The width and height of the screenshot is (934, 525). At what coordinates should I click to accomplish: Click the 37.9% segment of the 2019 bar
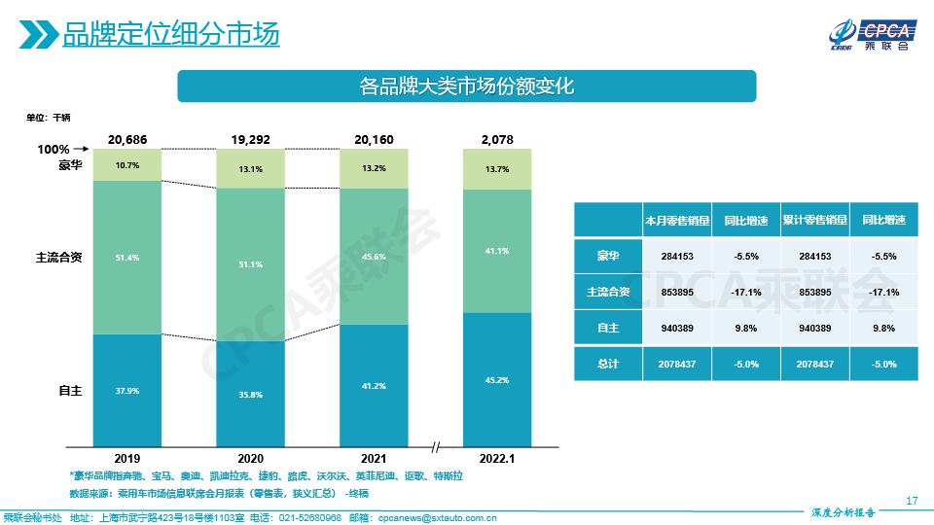tap(127, 390)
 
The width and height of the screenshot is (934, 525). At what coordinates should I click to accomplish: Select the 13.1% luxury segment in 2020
tap(250, 169)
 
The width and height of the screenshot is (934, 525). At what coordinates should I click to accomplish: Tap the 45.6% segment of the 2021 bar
tap(374, 257)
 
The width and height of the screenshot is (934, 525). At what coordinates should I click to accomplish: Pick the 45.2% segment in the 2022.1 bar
tap(497, 379)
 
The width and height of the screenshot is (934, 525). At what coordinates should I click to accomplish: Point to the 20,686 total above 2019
tap(127, 140)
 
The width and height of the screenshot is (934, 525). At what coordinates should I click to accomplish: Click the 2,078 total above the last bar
tap(497, 140)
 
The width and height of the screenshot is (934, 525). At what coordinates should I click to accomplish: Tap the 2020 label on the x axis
tap(250, 457)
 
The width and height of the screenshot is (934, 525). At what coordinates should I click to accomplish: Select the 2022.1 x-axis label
tap(497, 457)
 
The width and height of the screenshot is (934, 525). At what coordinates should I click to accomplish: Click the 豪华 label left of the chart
tap(70, 164)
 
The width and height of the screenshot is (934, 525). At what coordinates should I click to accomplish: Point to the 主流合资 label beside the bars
tap(58, 258)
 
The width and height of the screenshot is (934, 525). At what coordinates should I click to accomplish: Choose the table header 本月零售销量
tap(676, 221)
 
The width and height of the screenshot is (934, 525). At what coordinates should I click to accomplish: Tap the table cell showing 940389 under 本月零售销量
tap(676, 329)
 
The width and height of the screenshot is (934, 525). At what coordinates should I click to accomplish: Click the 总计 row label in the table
tap(608, 364)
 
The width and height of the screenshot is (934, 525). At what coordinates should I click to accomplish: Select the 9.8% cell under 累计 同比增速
tap(883, 329)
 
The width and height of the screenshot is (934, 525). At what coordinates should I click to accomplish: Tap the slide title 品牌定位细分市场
tap(171, 36)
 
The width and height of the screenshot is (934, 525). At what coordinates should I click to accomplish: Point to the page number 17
tap(912, 501)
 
